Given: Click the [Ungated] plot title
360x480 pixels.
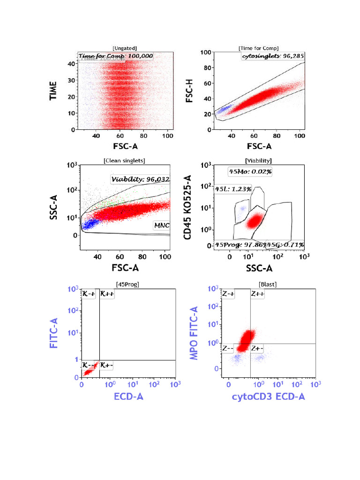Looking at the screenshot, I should [124, 48].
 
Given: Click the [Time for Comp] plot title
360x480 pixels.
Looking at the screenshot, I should [258, 48].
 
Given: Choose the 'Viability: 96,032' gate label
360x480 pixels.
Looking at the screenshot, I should [141, 179].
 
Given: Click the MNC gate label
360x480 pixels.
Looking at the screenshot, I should [161, 225].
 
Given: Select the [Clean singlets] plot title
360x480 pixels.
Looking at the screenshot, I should [124, 160].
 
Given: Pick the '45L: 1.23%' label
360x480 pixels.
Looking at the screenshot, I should [233, 189].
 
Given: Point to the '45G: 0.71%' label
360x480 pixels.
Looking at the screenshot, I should [285, 245].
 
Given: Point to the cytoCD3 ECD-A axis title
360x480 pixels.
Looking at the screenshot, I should [269, 397].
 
